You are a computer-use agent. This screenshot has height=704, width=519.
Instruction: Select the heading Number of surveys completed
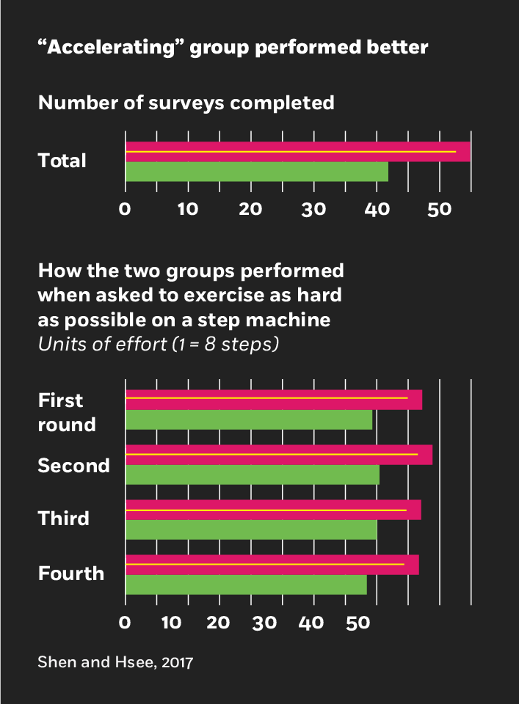tap(186, 103)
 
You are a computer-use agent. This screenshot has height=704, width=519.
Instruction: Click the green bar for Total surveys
tap(256, 172)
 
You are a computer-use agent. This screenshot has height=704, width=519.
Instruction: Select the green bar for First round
tap(249, 420)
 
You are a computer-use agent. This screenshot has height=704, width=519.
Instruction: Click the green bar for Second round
tap(252, 475)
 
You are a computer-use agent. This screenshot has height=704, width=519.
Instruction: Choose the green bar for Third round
tap(250, 529)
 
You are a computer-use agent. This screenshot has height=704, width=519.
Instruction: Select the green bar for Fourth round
tap(246, 584)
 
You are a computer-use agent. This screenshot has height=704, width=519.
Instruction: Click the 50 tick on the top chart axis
tap(439, 209)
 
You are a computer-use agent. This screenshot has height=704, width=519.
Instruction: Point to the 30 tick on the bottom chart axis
tap(266, 623)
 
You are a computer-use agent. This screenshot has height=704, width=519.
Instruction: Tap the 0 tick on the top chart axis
tap(126, 209)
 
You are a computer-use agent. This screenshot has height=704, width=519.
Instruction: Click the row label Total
tap(62, 161)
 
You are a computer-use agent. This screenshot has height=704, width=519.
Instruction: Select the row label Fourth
tap(70, 573)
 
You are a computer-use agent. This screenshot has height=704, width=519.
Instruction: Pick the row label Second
tap(73, 466)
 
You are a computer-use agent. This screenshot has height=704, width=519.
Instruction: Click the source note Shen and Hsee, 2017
tap(115, 663)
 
